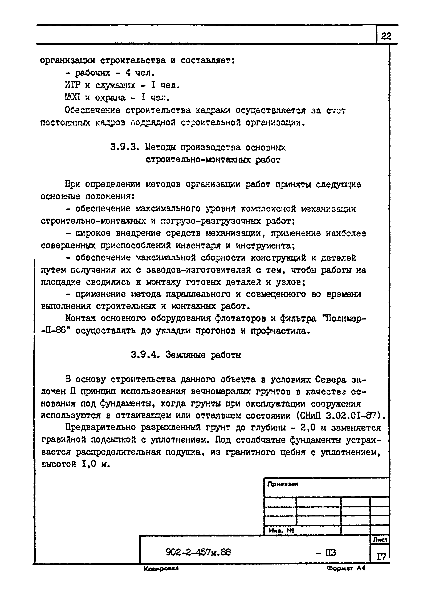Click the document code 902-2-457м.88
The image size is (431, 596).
(x=198, y=552)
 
